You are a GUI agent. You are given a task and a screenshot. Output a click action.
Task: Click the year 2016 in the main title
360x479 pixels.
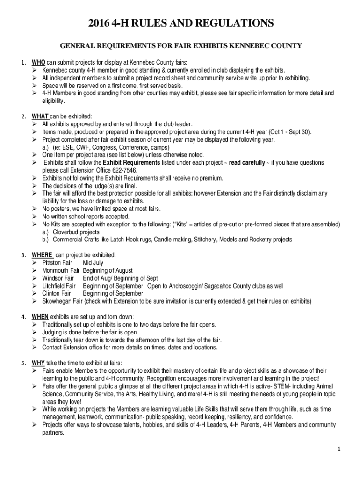[100, 23]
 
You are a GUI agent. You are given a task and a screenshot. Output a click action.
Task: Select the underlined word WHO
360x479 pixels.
[38, 63]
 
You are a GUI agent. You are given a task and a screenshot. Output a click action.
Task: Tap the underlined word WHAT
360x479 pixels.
[40, 116]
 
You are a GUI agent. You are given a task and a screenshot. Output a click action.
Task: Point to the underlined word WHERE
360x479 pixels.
[42, 255]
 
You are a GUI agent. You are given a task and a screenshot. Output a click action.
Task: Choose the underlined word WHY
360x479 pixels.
[38, 363]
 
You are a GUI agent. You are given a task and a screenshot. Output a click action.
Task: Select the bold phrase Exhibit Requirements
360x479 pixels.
[131, 163]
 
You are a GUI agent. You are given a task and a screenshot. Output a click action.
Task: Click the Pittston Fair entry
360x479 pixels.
[57, 263]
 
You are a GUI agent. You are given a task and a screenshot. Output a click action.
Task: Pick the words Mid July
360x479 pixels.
[93, 263]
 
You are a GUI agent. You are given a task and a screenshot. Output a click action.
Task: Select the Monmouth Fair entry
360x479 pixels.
[61, 270]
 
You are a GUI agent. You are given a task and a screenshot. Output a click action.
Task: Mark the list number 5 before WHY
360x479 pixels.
[23, 363]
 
